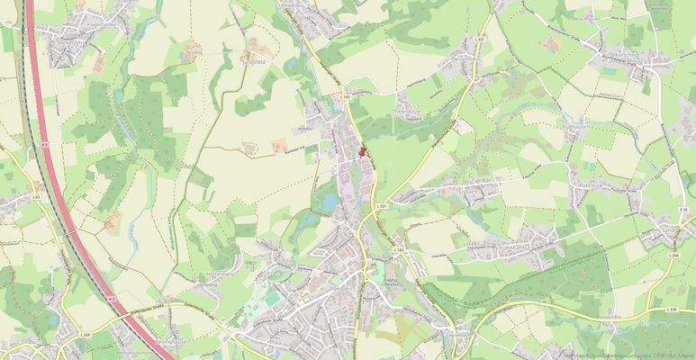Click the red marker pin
(x=363, y=152)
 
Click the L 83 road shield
(x=37, y=195)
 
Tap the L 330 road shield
(x=672, y=309)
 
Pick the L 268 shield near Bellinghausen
(x=86, y=335)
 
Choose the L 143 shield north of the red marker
(x=345, y=93)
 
